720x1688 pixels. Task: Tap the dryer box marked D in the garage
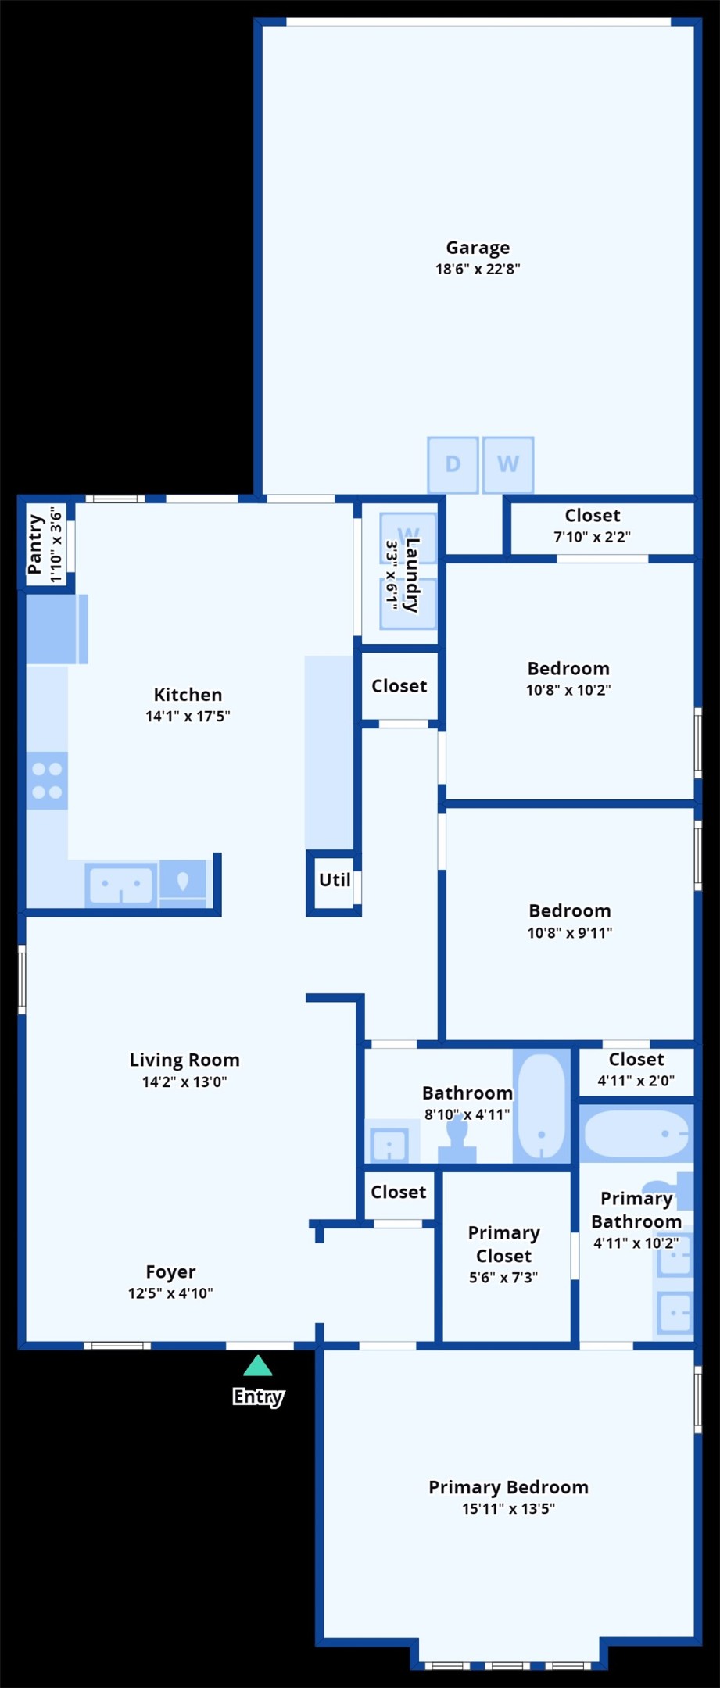point(453,465)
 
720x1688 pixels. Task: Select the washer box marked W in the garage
point(508,465)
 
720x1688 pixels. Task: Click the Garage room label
point(478,248)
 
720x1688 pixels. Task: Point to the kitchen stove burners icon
point(47,781)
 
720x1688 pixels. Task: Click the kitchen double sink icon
point(120,885)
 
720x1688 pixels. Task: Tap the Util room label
point(335,880)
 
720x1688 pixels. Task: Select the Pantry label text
point(35,544)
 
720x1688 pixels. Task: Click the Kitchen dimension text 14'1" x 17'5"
point(188,716)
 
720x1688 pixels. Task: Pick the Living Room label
point(184,1060)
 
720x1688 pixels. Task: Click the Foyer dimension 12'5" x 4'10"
point(170,1293)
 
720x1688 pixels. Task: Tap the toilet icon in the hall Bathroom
point(457,1140)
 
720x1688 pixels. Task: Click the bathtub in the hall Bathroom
point(542,1107)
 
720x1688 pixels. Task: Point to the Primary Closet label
point(503,1244)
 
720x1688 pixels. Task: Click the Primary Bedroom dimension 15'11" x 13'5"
point(508,1508)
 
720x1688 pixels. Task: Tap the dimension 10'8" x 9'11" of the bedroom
point(570,932)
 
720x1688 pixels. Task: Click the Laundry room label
point(412,575)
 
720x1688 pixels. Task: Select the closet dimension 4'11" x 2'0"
point(636,1081)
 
